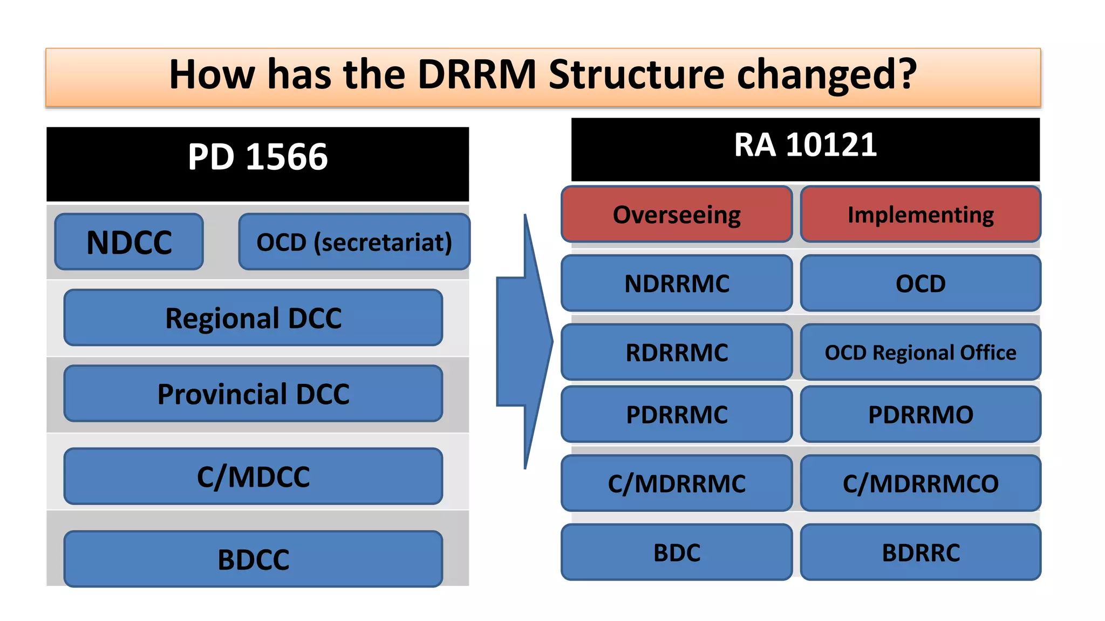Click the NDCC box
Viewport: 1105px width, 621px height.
click(x=129, y=242)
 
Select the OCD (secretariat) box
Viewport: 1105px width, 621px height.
click(x=354, y=242)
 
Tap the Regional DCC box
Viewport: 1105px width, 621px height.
click(x=253, y=318)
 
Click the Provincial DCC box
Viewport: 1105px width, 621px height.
click(x=253, y=394)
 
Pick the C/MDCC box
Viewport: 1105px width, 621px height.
click(x=253, y=477)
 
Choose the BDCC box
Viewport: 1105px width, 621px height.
click(x=253, y=559)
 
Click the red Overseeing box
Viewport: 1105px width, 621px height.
click(x=677, y=215)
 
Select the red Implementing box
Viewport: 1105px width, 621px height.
click(x=920, y=215)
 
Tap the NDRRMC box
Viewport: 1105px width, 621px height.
click(x=677, y=284)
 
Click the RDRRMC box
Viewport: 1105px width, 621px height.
click(x=677, y=353)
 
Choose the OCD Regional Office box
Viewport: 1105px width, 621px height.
click(x=920, y=353)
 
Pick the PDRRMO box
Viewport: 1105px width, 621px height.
click(x=920, y=415)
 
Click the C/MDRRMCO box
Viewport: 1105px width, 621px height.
click(x=920, y=484)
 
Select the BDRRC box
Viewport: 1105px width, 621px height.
click(x=920, y=553)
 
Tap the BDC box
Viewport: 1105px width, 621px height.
click(x=677, y=553)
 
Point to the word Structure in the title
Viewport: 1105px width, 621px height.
click(x=637, y=74)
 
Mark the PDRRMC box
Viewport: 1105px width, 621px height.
click(x=677, y=415)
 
